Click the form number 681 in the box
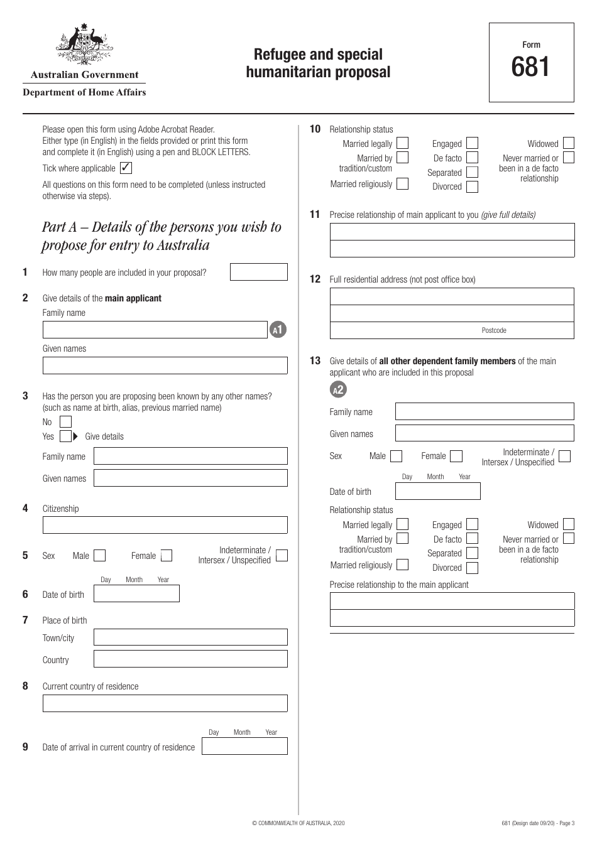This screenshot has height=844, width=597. point(531,67)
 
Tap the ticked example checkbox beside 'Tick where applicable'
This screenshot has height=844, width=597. point(126,168)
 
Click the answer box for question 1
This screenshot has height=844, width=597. point(259,272)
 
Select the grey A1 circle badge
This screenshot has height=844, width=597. point(278,330)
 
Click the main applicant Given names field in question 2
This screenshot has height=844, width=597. point(165,365)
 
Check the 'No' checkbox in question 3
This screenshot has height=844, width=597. point(66,422)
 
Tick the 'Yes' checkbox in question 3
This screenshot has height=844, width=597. point(66,436)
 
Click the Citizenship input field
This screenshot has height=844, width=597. point(165,525)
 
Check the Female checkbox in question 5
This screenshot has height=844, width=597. point(167,556)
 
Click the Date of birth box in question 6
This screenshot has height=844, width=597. point(136,594)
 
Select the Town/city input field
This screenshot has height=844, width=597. point(190,637)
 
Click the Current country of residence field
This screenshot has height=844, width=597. point(165,703)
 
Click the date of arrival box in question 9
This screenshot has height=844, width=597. point(245,746)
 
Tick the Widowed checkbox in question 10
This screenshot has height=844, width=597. point(569,143)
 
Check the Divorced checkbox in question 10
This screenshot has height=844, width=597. point(473,187)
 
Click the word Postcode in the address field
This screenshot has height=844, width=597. point(494,330)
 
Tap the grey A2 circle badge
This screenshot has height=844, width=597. point(338,390)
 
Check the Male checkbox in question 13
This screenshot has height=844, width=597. point(397,456)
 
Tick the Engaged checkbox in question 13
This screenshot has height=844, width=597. point(473,524)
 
